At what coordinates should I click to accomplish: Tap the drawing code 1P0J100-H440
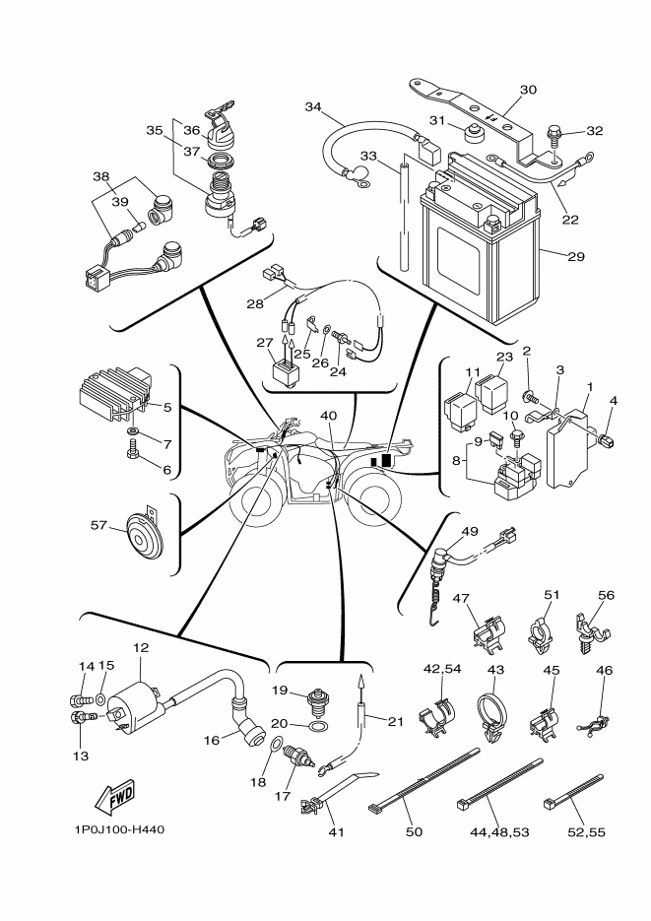pos(118,829)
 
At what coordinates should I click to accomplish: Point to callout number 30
pos(528,90)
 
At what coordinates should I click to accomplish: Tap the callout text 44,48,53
pos(500,832)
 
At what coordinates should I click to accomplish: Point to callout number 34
pos(313,106)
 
